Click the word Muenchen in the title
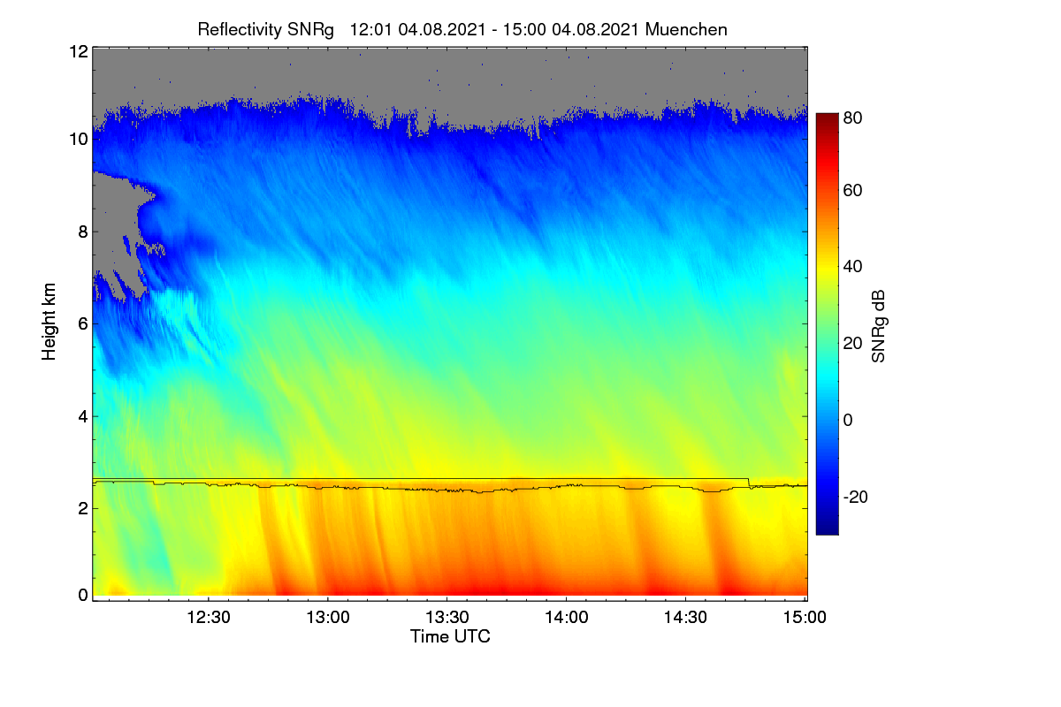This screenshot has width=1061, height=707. point(686,30)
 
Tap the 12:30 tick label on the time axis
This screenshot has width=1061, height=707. point(209,617)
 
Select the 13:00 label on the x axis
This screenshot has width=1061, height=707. point(328,617)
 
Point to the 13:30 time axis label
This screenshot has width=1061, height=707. point(447,617)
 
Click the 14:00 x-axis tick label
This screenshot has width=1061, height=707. point(567,617)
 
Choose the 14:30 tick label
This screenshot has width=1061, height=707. point(685,617)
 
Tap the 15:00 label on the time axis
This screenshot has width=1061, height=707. point(805,617)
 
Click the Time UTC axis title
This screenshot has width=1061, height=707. point(450,636)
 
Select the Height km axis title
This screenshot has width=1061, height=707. point(49,322)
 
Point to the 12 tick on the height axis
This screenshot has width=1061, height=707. point(79,51)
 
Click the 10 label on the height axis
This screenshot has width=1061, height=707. point(79,140)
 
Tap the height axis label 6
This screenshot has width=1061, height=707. point(83,324)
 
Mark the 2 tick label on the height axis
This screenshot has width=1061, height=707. point(83,508)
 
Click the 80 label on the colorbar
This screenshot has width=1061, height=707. point(852,118)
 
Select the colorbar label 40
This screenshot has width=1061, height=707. point(852,267)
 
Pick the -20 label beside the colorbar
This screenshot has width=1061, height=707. point(856,497)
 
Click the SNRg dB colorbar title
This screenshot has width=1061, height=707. point(879,327)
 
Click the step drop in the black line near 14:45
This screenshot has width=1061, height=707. point(749,483)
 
